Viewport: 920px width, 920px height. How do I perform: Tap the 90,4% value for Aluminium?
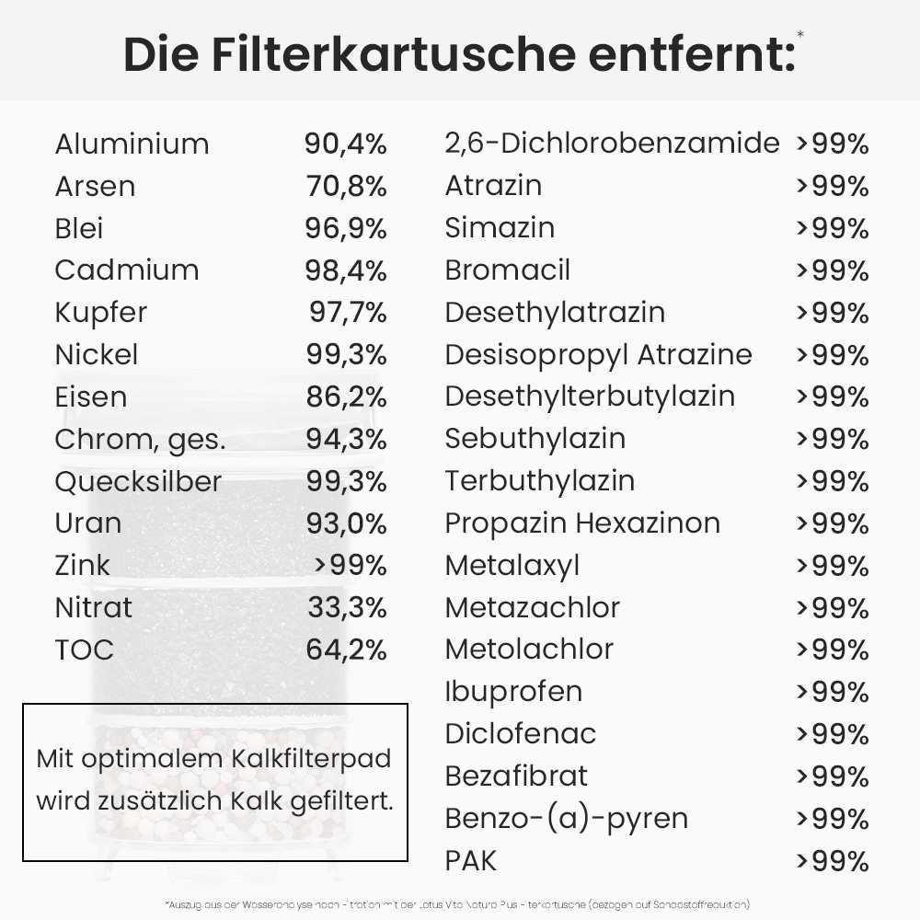tap(346, 144)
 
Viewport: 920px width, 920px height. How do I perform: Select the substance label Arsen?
tap(95, 186)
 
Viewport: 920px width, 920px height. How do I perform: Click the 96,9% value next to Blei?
tap(346, 228)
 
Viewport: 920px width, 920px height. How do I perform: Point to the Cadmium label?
tap(127, 270)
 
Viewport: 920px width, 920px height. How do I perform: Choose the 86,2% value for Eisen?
tap(346, 397)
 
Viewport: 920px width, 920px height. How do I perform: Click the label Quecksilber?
tap(138, 481)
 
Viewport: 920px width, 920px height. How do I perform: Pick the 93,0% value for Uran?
tap(346, 523)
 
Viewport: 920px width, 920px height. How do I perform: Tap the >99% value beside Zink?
tap(350, 565)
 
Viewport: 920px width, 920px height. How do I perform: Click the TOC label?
tap(84, 650)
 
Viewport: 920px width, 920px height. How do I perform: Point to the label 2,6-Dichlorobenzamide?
tap(612, 144)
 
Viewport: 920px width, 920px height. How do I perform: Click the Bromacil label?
tap(507, 270)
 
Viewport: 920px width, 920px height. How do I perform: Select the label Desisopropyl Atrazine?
tap(598, 354)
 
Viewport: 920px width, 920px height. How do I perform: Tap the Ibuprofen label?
tap(513, 691)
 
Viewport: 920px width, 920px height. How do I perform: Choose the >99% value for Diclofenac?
tap(832, 734)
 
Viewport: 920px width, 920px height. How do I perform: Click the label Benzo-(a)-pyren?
tap(566, 818)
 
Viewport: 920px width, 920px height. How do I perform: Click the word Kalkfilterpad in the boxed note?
tap(310, 759)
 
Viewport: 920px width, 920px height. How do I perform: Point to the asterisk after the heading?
tap(800, 34)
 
